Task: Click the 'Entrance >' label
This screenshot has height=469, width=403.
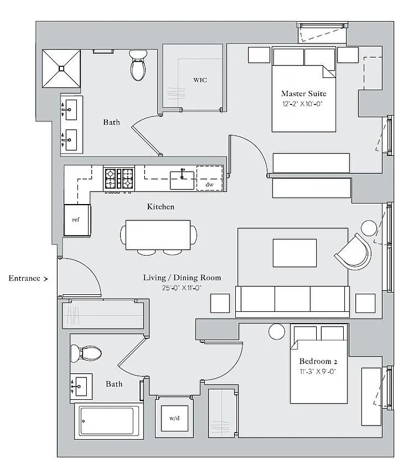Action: point(28,278)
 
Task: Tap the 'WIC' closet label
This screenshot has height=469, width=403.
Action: point(200,80)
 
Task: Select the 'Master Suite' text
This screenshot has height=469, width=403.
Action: point(303,94)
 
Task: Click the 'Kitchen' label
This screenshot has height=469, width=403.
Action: point(160,207)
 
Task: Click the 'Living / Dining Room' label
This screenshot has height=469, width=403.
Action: point(182,277)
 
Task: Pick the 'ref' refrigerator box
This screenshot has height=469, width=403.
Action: point(77,220)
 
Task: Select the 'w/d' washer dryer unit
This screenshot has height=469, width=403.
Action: point(174,419)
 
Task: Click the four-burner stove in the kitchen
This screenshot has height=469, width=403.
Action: point(120,178)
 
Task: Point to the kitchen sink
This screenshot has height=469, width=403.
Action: point(182,179)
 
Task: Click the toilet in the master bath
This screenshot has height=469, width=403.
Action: point(138,66)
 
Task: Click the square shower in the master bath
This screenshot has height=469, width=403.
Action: point(61,68)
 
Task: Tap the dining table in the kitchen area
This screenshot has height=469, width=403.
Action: point(158,235)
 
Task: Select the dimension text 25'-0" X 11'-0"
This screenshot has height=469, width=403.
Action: point(182,288)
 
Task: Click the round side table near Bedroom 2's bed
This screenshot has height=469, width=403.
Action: point(277,331)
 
